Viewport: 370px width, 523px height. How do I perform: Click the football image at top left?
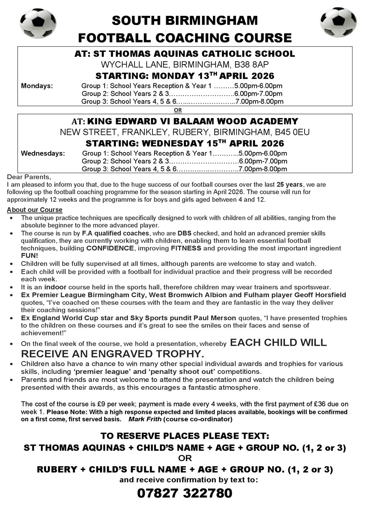pyautogui.click(x=38, y=23)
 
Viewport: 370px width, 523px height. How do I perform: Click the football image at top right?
pyautogui.click(x=338, y=22)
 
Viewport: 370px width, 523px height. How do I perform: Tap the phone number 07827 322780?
pyautogui.click(x=184, y=493)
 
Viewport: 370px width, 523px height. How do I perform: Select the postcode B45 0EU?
pyautogui.click(x=295, y=132)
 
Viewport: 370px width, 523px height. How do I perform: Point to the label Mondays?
pyautogui.click(x=37, y=86)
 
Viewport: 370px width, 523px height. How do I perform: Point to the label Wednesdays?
pyautogui.click(x=43, y=154)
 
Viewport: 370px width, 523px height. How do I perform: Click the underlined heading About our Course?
pyautogui.click(x=35, y=210)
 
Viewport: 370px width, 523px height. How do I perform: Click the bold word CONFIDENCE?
pyautogui.click(x=110, y=248)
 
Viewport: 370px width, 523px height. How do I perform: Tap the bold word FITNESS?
pyautogui.click(x=186, y=248)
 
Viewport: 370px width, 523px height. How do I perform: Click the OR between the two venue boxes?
pyautogui.click(x=178, y=110)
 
